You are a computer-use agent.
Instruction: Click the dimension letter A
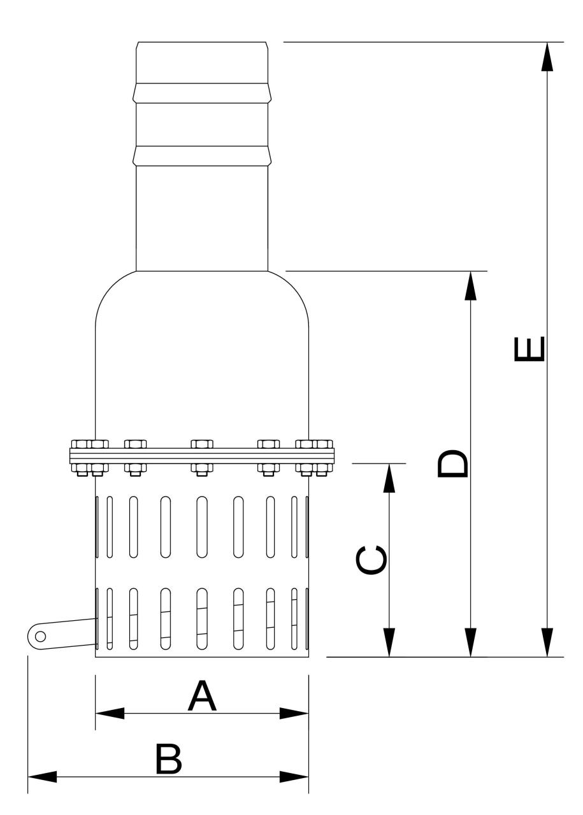[202, 696]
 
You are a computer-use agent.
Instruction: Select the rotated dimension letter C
[371, 560]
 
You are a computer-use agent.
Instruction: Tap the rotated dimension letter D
[452, 464]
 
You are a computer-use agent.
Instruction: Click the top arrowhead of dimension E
[547, 57]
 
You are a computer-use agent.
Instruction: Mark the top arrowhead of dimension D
[470, 286]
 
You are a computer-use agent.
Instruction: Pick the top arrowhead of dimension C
[389, 478]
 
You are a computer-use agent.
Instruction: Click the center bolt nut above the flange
[202, 444]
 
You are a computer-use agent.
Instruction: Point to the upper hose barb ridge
[202, 93]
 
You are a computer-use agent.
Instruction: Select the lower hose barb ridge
[202, 156]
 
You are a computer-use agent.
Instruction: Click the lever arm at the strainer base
[62, 635]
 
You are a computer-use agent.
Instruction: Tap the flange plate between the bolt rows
[202, 455]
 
